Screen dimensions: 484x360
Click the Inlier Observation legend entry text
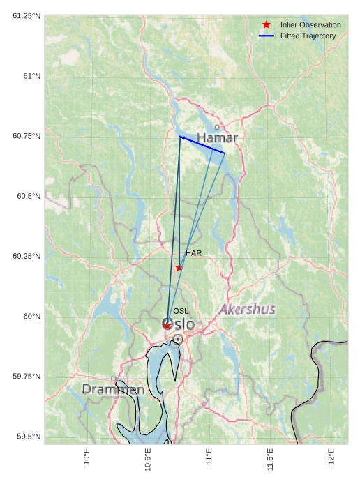point(310,25)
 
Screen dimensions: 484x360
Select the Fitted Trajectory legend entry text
point(308,36)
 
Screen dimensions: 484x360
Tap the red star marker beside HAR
point(179,268)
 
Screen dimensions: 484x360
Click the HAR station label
point(193,253)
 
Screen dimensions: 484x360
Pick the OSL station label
point(181,311)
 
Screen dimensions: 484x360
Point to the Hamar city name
point(217,138)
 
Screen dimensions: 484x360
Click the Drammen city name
point(113,389)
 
